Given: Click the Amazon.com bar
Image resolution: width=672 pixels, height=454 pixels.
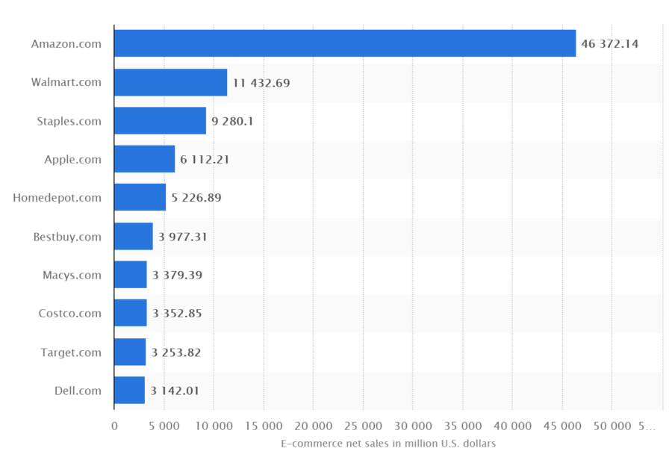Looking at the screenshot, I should [x=345, y=43].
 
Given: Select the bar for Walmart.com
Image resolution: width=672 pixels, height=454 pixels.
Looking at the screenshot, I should [x=170, y=82].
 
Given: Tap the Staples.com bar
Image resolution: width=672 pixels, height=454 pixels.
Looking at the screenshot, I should [x=160, y=121].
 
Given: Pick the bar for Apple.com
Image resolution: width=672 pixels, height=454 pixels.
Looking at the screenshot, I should [x=144, y=159].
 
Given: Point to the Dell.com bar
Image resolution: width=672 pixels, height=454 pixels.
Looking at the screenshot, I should [x=129, y=391].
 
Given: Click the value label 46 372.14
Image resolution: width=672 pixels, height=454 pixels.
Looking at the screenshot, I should [x=609, y=44].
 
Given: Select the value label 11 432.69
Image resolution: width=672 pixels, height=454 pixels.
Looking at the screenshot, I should [x=261, y=83].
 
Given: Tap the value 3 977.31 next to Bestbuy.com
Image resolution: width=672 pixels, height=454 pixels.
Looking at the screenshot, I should [x=182, y=237].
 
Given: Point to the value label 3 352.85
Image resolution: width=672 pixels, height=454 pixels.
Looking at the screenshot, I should [x=177, y=314].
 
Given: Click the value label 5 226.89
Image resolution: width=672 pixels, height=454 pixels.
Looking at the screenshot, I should [x=196, y=198].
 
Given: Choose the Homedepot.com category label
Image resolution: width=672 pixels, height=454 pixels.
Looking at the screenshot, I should [x=57, y=198].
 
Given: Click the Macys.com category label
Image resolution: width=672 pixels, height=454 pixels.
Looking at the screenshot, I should [x=72, y=275].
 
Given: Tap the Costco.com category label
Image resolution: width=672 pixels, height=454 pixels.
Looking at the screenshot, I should [x=69, y=314].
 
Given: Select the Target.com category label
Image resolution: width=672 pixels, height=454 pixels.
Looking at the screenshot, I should [x=71, y=352].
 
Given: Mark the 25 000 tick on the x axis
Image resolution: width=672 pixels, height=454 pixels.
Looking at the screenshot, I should [x=363, y=426].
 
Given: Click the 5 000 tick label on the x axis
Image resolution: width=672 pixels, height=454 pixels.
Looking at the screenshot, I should [x=164, y=426].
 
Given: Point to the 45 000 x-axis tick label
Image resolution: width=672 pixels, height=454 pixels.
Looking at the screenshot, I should [x=561, y=426].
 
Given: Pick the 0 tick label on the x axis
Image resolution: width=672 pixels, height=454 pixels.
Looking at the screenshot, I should [x=114, y=426].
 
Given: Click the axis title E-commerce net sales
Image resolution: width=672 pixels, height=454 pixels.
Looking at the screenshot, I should [x=388, y=443].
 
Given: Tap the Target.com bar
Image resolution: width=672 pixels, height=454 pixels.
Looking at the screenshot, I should [x=130, y=352].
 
